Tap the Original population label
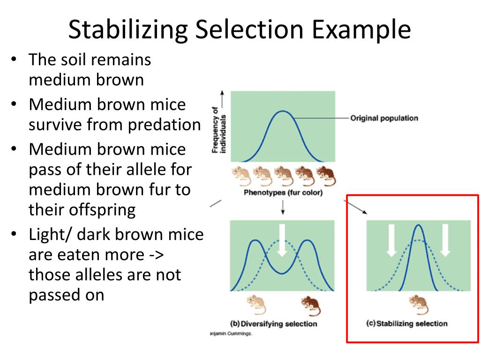pos(384,118)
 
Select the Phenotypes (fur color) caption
pos(283,193)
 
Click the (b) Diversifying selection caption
pos(274,324)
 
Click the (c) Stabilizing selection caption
pos(406,323)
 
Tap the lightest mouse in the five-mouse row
pos(241,176)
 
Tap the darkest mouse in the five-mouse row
pos(324,176)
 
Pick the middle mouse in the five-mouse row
pos(283,176)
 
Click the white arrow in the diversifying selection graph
pos(282,240)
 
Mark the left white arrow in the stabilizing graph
pos(391,240)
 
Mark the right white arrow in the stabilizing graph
pos(445,240)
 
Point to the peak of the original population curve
pos(282,111)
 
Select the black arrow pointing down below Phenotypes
pos(283,207)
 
